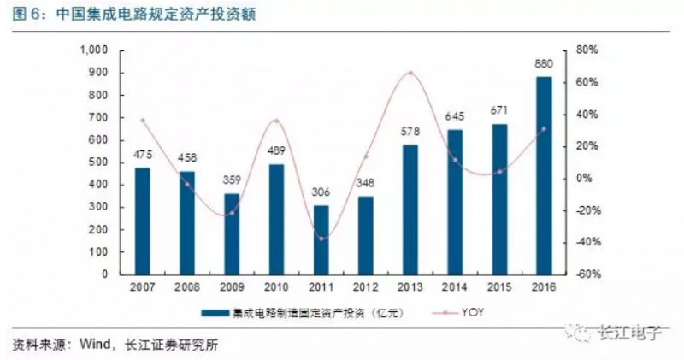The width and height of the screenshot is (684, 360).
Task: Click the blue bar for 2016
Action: point(543,175)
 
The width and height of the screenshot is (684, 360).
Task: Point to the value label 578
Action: point(410,133)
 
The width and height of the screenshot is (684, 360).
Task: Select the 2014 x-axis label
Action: point(455,287)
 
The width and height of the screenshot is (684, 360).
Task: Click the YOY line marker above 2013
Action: point(410,73)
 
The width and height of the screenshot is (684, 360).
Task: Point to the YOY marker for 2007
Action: point(143,121)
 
